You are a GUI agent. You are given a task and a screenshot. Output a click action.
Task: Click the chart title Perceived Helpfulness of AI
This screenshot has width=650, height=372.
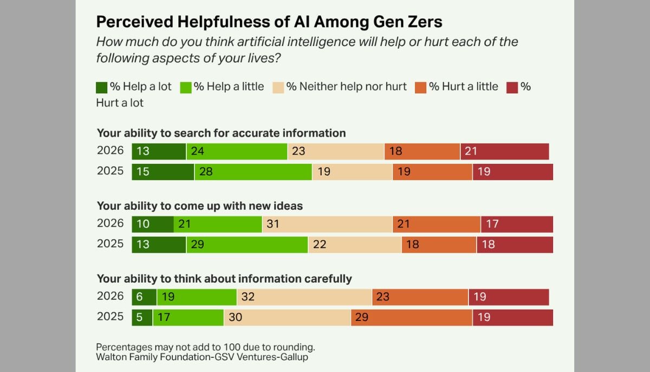click(x=269, y=22)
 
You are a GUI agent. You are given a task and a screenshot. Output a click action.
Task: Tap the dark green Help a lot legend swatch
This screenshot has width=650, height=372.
click(x=102, y=87)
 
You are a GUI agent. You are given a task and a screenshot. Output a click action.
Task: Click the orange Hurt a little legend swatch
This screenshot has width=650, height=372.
click(x=421, y=87)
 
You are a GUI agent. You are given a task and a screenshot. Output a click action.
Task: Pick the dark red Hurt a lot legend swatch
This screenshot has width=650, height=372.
click(x=512, y=87)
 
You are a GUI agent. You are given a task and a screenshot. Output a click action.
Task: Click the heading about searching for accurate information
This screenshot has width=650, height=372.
click(x=221, y=133)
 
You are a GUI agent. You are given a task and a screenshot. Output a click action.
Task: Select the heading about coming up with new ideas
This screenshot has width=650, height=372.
click(x=199, y=206)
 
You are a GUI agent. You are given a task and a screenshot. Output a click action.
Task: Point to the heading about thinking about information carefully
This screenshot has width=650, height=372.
click(x=224, y=279)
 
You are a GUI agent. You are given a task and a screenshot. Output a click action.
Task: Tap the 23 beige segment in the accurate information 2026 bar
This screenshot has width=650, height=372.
click(x=336, y=151)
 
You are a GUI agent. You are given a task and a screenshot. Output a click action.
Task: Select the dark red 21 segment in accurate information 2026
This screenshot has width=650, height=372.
click(x=504, y=151)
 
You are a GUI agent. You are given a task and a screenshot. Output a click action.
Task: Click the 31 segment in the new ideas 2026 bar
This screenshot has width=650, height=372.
click(x=327, y=224)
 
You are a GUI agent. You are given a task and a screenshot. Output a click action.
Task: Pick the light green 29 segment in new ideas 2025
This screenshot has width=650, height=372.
click(x=247, y=245)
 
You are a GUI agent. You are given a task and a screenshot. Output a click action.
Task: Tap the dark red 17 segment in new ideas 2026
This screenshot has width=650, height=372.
click(x=516, y=224)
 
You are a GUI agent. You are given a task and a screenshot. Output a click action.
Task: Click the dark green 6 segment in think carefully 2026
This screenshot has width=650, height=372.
click(x=144, y=297)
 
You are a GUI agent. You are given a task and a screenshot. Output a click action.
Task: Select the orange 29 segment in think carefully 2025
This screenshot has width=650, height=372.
click(x=411, y=317)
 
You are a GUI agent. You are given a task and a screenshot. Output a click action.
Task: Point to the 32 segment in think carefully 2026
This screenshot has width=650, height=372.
click(x=304, y=297)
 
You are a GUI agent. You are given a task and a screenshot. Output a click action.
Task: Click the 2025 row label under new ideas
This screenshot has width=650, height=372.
click(x=110, y=244)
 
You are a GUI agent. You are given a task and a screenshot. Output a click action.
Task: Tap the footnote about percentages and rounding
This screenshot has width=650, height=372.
click(x=205, y=347)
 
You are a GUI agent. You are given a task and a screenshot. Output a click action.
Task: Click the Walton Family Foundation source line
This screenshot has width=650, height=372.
click(x=202, y=357)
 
